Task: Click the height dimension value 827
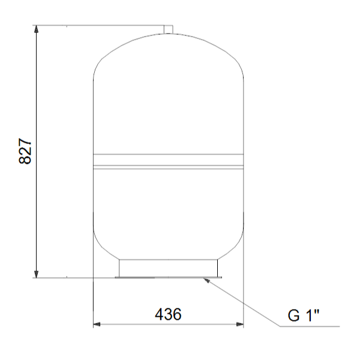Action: click(x=25, y=151)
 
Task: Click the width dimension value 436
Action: click(x=168, y=314)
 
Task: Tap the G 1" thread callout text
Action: click(x=303, y=315)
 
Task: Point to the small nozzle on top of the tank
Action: click(x=168, y=29)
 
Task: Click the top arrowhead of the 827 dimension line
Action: click(x=36, y=29)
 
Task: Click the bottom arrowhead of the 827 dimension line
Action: click(x=36, y=274)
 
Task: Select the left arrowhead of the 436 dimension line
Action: click(x=97, y=325)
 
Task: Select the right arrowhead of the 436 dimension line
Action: click(x=239, y=325)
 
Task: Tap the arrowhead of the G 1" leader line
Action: click(x=206, y=280)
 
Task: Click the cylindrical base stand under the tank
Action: click(x=168, y=268)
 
